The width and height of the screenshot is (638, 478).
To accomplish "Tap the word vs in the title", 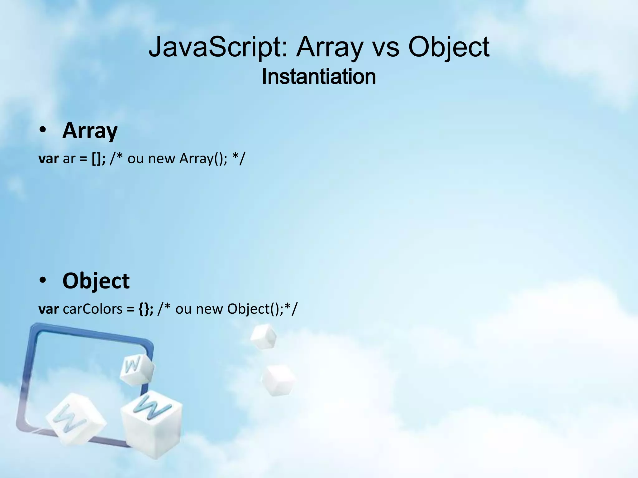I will [386, 47].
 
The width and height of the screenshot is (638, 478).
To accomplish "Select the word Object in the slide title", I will [449, 47].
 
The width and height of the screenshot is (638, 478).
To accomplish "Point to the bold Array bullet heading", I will [90, 131].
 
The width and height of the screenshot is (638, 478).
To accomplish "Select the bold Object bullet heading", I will [96, 281].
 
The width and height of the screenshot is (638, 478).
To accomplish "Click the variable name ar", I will [69, 159].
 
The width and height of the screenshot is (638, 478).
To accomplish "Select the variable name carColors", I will [93, 309].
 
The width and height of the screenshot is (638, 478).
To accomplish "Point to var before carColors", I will [49, 309].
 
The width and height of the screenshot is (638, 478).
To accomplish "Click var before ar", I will [49, 159].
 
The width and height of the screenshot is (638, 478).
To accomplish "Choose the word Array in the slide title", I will [330, 47].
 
